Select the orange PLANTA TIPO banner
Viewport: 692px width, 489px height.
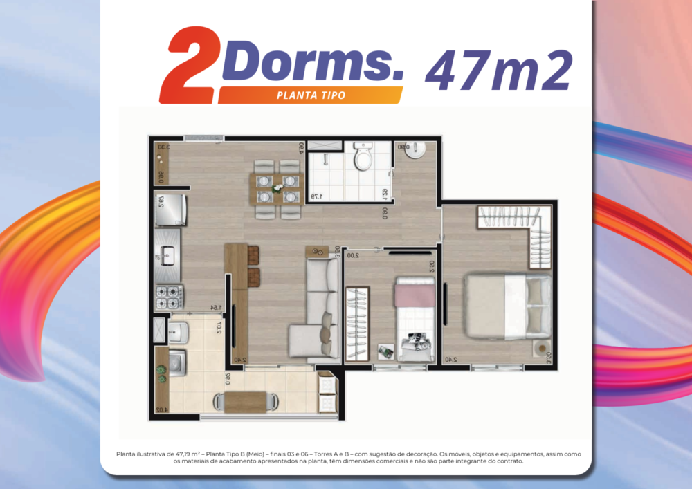(311, 95)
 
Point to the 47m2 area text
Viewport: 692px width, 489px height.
(498, 70)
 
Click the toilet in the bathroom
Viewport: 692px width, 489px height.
(363, 157)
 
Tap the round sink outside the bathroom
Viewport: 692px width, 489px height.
(417, 151)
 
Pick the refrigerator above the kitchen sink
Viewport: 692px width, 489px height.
(168, 210)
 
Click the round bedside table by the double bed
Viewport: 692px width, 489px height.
(541, 347)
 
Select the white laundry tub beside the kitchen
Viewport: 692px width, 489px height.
(178, 332)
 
